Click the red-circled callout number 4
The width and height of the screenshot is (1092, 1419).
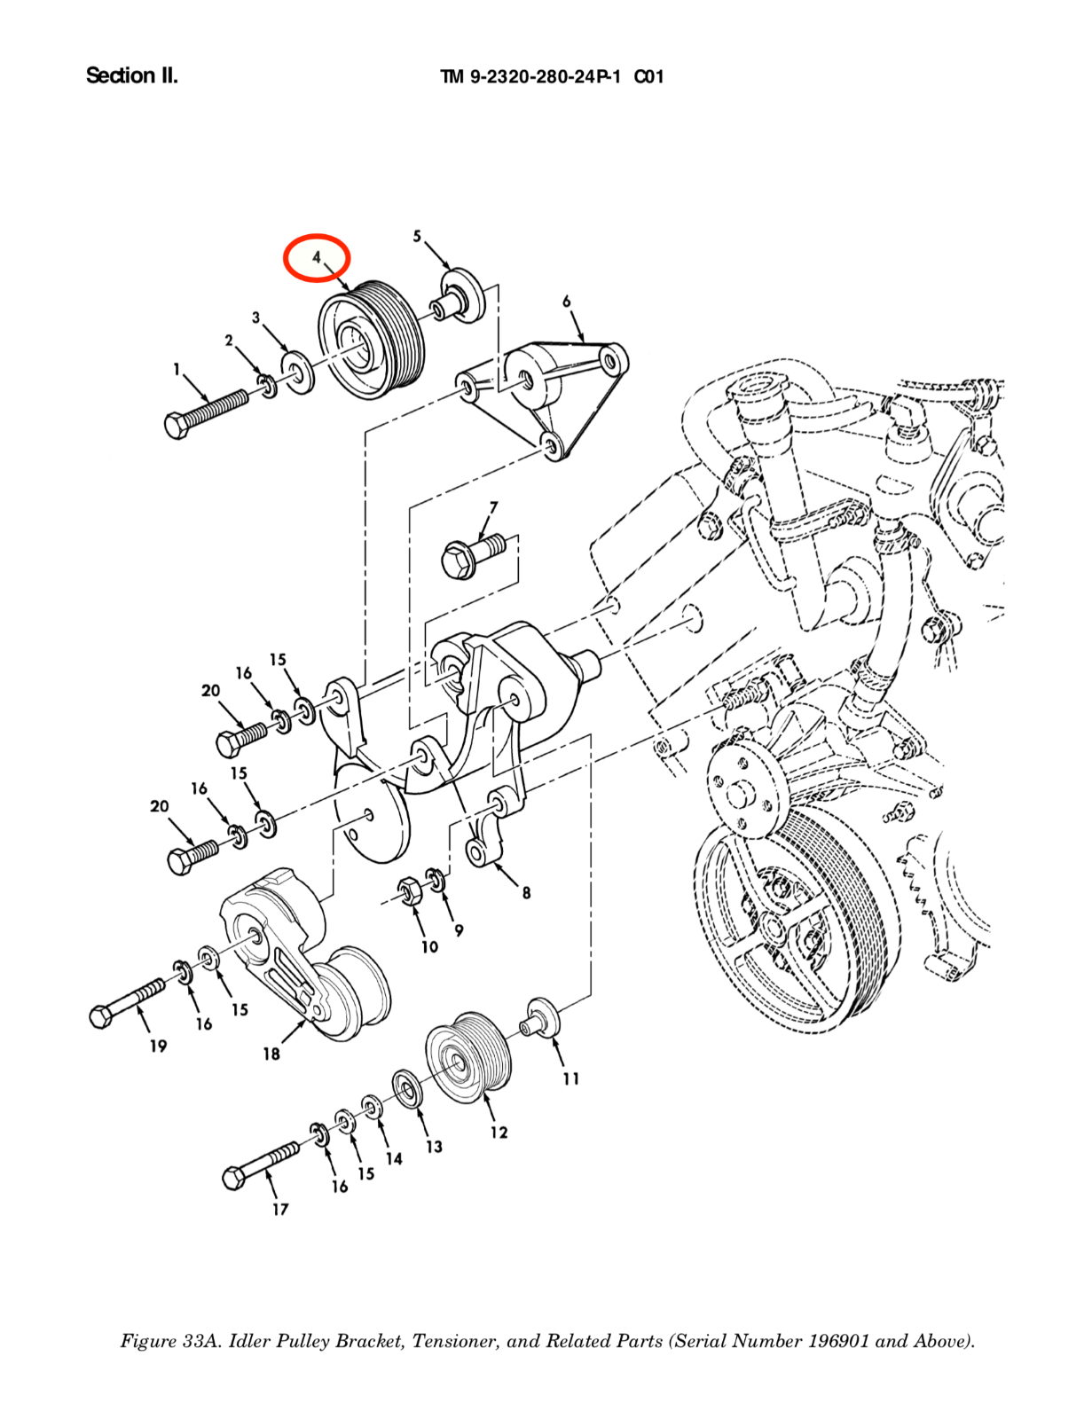(317, 258)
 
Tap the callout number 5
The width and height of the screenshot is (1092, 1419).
(417, 236)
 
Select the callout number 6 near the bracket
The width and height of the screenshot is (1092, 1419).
(567, 302)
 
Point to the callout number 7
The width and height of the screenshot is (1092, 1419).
(493, 507)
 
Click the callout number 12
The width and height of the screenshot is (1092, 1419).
(499, 1133)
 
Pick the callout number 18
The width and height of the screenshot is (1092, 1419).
(271, 1054)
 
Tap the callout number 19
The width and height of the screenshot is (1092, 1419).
(158, 1047)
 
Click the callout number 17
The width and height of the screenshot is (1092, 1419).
(280, 1209)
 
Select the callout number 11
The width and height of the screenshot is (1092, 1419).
(571, 1078)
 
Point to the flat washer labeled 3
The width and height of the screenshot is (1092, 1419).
(298, 372)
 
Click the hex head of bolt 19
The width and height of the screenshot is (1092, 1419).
(103, 1015)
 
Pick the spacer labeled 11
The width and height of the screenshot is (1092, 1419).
(541, 1016)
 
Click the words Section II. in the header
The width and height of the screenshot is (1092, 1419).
(132, 76)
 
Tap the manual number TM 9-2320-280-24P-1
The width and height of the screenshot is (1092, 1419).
(530, 77)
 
